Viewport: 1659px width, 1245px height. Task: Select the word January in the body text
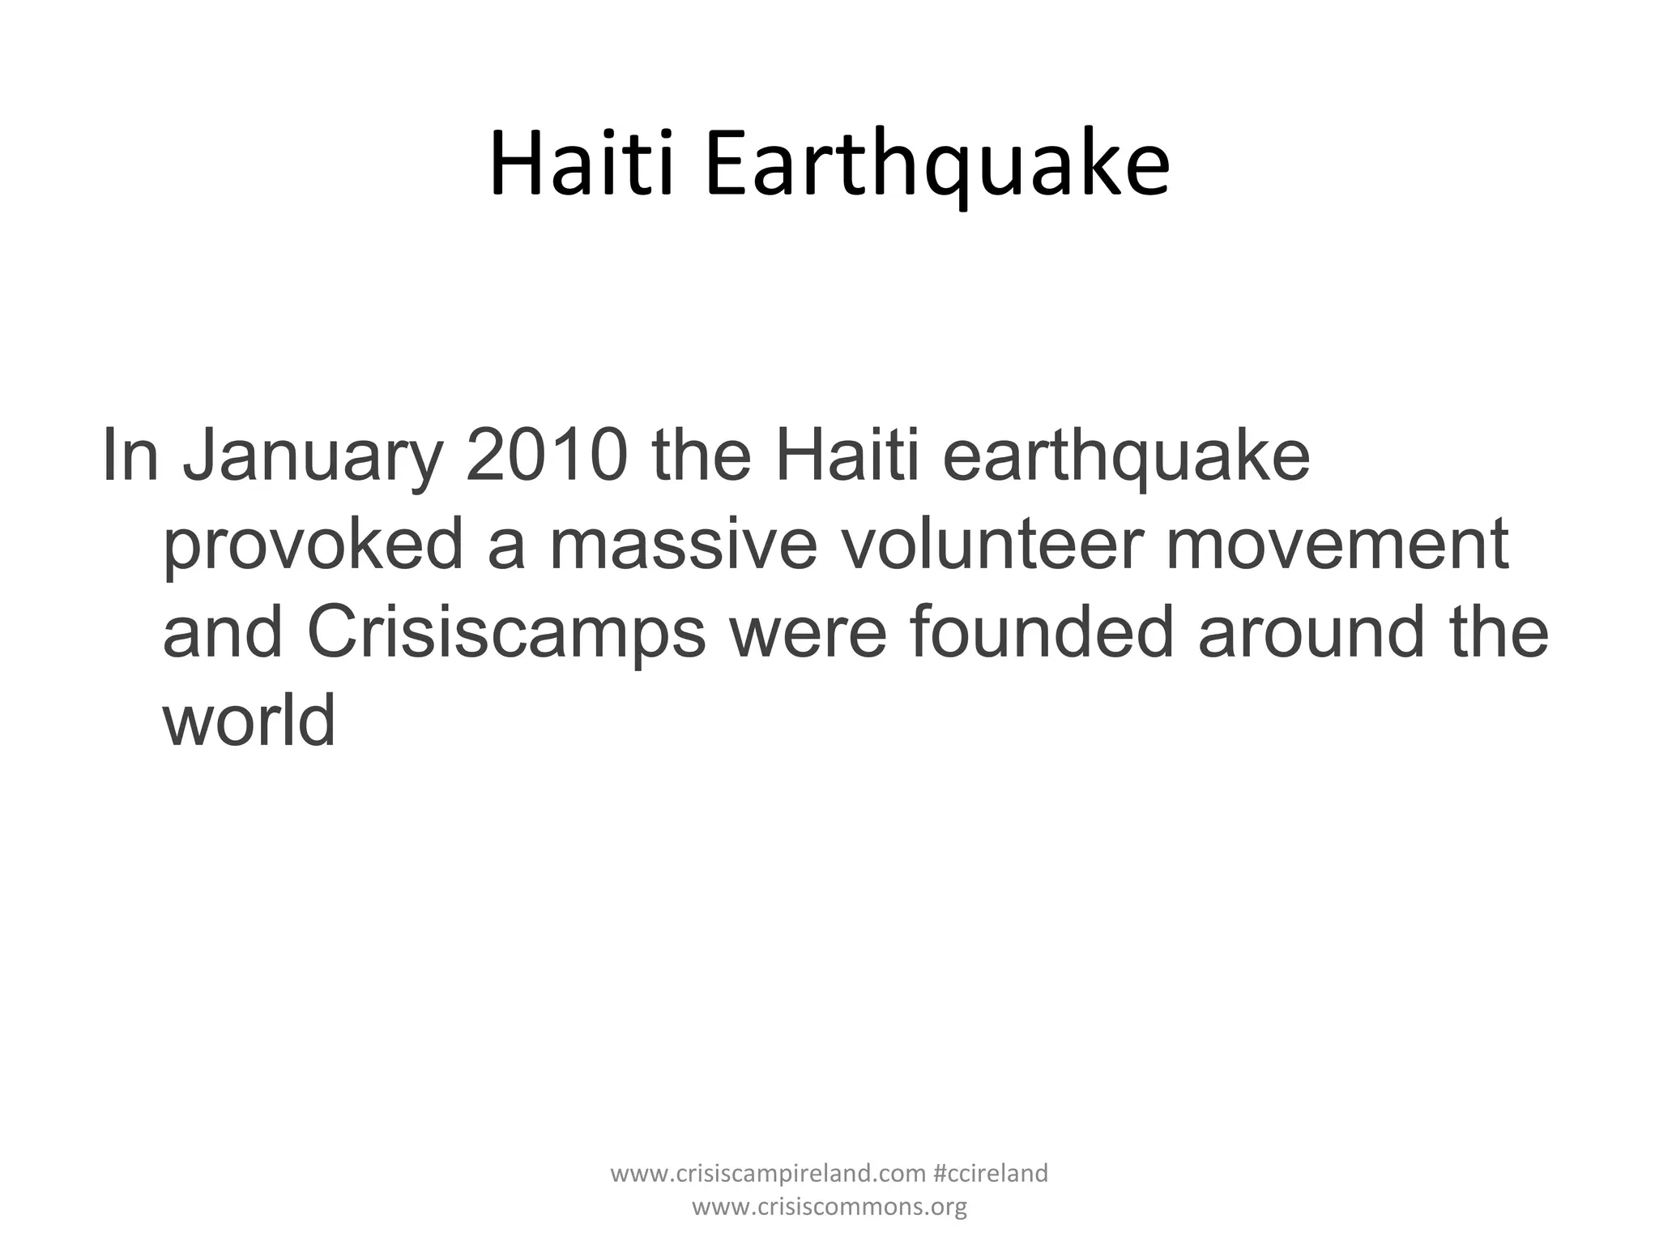(x=313, y=457)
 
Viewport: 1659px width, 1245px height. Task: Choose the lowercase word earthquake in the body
(x=1126, y=459)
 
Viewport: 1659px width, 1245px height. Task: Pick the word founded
(x=1041, y=631)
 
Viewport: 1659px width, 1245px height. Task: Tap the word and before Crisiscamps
(x=223, y=631)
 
